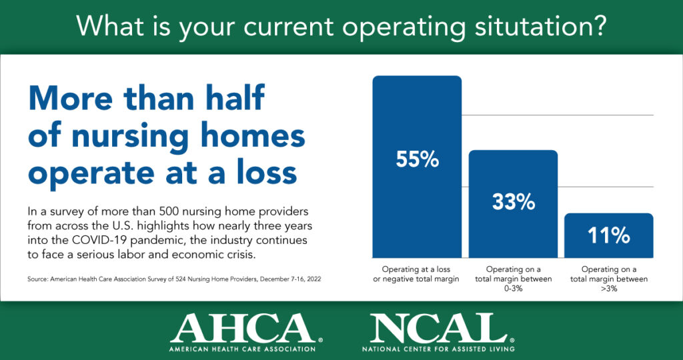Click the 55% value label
(418, 160)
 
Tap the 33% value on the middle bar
(514, 202)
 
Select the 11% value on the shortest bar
(609, 235)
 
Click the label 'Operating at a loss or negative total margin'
(416, 274)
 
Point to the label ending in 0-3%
(513, 279)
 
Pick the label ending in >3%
(609, 279)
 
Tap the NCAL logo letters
(438, 327)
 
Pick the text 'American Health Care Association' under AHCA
(243, 349)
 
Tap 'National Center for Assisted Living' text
(438, 349)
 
